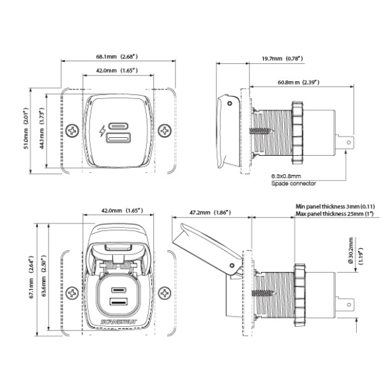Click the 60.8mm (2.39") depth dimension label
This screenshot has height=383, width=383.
click(x=298, y=82)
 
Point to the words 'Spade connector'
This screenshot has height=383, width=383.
click(x=294, y=183)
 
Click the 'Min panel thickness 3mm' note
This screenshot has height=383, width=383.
click(x=335, y=207)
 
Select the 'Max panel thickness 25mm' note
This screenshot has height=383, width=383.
click(x=335, y=214)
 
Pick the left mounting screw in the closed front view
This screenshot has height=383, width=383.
click(x=72, y=131)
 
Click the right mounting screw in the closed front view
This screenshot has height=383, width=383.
click(x=165, y=131)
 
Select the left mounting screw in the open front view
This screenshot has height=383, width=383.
click(x=72, y=294)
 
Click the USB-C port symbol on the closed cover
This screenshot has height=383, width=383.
click(x=119, y=125)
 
